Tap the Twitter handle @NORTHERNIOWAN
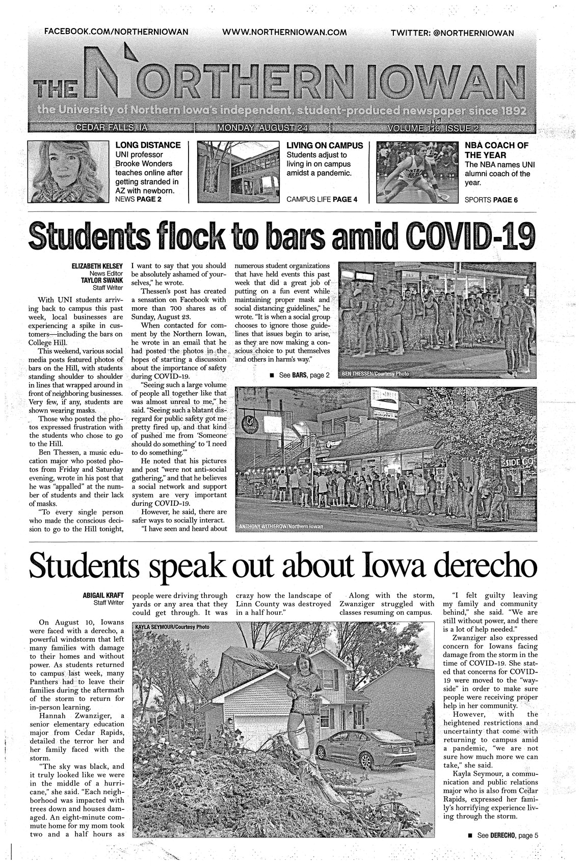452,33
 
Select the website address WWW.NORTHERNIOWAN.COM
284,32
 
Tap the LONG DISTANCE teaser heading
148,145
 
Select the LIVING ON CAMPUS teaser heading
325,145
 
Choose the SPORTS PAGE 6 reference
491,200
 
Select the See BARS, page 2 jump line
300,375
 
